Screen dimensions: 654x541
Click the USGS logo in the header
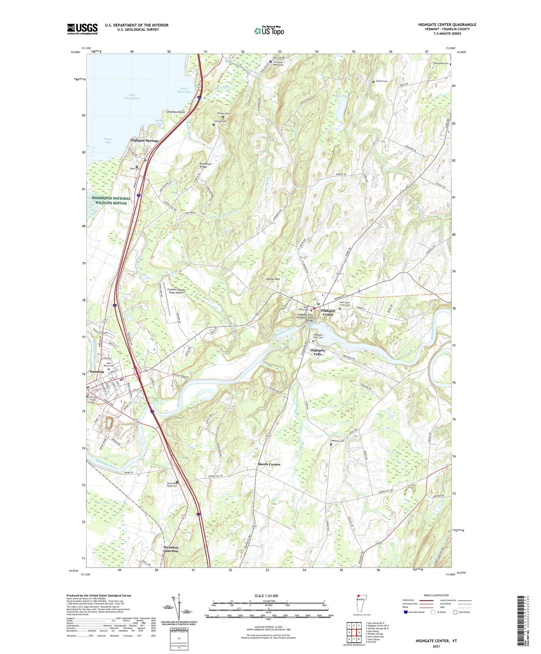[x=82, y=29]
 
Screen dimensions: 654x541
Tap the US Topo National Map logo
[x=269, y=30]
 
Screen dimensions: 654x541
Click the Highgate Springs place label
[x=144, y=140]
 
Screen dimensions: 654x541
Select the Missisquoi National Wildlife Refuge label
[x=111, y=201]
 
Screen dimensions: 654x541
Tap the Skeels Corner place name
[x=269, y=464]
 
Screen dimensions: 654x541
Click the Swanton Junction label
[x=171, y=549]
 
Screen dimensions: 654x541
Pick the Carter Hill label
[x=273, y=279]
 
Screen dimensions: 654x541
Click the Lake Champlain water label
[x=132, y=97]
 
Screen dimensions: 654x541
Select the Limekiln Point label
[x=176, y=112]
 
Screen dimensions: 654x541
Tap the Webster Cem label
[x=337, y=441]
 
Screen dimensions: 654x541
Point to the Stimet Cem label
[x=382, y=81]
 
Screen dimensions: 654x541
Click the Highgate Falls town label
[x=317, y=352]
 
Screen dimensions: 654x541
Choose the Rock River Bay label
[x=184, y=90]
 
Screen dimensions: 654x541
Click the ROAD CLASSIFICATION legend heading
[x=436, y=595]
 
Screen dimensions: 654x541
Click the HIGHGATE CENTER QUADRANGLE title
[x=447, y=25]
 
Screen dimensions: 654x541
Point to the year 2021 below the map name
[x=436, y=646]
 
